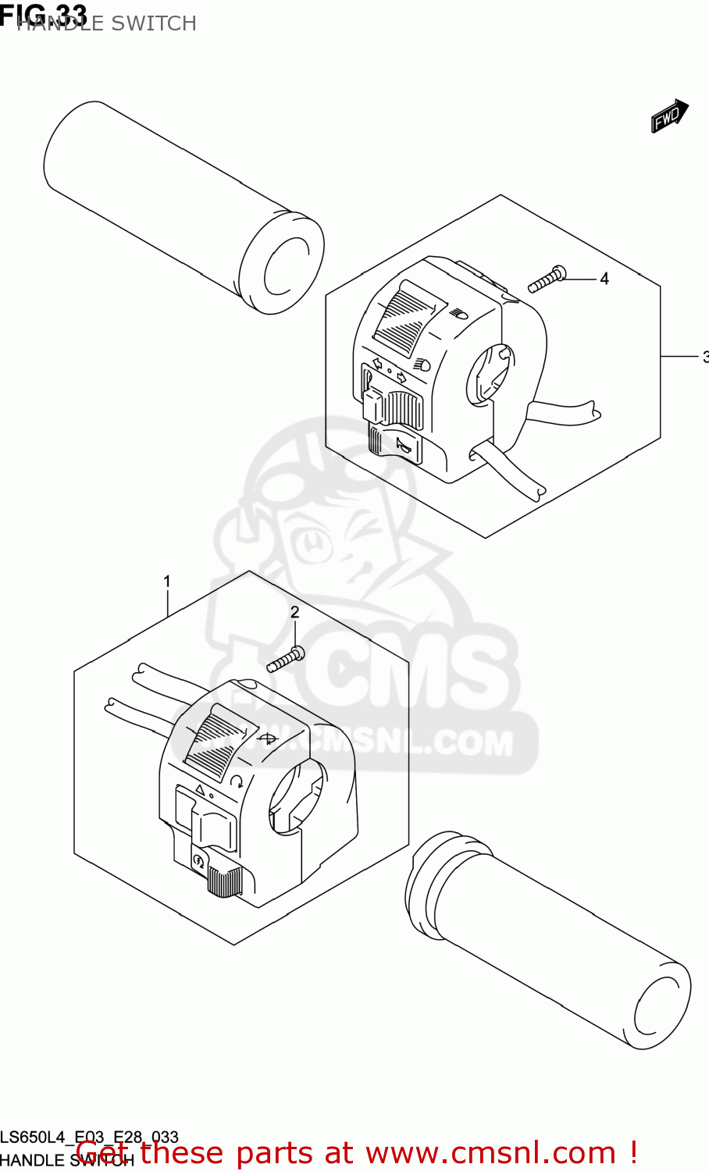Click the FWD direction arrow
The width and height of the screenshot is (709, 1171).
669,116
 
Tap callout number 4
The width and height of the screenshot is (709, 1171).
604,279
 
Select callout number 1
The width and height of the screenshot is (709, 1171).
166,582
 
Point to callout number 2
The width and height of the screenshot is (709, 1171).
294,613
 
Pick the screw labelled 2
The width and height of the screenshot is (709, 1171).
286,660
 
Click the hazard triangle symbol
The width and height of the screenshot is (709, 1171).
199,790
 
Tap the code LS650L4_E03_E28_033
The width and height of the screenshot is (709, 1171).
90,1137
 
